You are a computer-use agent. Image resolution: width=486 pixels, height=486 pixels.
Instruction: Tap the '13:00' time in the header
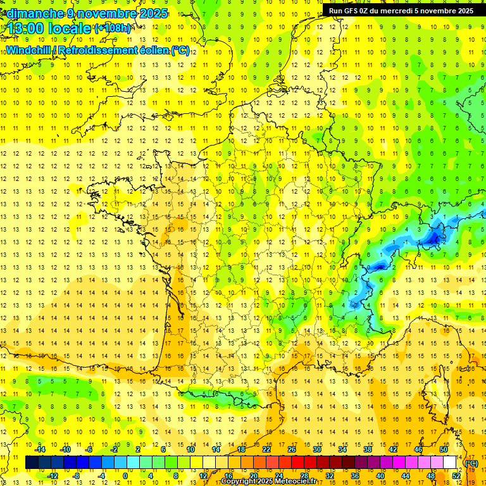click(24, 28)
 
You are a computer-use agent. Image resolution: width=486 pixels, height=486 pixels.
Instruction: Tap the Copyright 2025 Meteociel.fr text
click(269, 482)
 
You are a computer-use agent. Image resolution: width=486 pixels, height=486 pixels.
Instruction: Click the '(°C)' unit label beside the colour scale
click(471, 463)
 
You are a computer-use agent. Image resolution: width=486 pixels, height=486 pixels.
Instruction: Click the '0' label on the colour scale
click(125, 475)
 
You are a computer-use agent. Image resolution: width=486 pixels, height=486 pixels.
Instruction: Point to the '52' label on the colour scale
click(456, 475)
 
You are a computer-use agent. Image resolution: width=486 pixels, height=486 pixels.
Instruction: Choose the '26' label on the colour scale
click(292, 449)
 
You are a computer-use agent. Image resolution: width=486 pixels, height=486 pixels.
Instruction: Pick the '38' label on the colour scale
click(368, 449)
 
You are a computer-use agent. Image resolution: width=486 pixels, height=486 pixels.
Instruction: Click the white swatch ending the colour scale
click(449, 463)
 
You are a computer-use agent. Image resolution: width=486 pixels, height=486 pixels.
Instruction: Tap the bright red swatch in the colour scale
click(298, 463)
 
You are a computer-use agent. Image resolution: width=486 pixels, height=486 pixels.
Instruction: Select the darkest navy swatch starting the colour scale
click(32, 463)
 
